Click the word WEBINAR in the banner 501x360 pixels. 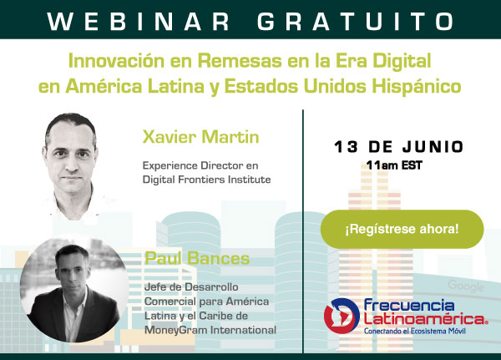138,21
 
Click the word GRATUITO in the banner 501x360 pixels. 356,21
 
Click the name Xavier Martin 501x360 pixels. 200,137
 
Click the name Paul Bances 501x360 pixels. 197,258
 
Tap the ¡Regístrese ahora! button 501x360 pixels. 402,229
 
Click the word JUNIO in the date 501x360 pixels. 433,147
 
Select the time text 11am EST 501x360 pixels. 394,165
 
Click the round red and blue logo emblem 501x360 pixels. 342,315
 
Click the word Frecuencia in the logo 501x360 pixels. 409,306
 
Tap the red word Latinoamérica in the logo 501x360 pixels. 425,319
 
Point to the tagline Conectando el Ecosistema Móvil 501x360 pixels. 415,331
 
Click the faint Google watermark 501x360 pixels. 466,286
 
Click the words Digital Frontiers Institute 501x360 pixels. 206,180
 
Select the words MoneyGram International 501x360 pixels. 210,330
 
